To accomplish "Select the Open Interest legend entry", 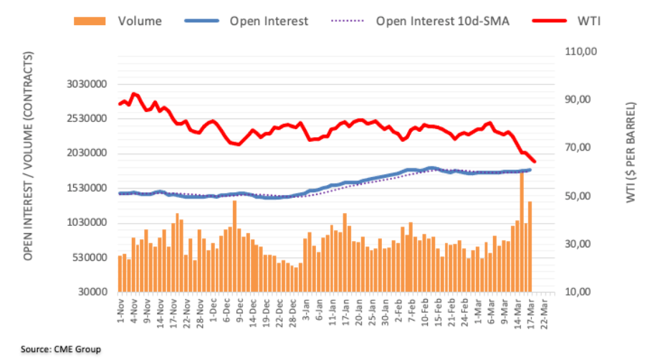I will click(x=269, y=21).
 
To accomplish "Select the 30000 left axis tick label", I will click(x=95, y=292).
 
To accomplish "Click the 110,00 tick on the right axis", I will click(x=580, y=51).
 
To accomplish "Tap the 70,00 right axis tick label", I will click(x=583, y=148).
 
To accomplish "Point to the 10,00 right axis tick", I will click(x=583, y=293).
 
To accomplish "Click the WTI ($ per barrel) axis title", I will click(x=630, y=151).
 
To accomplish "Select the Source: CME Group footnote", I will click(x=61, y=349).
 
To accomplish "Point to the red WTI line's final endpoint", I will click(x=534, y=162).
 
